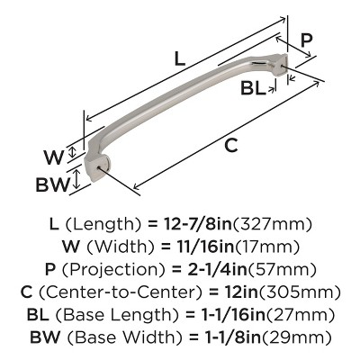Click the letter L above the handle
179,60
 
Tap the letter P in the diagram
306,39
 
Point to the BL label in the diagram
253,88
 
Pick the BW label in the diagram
52,186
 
